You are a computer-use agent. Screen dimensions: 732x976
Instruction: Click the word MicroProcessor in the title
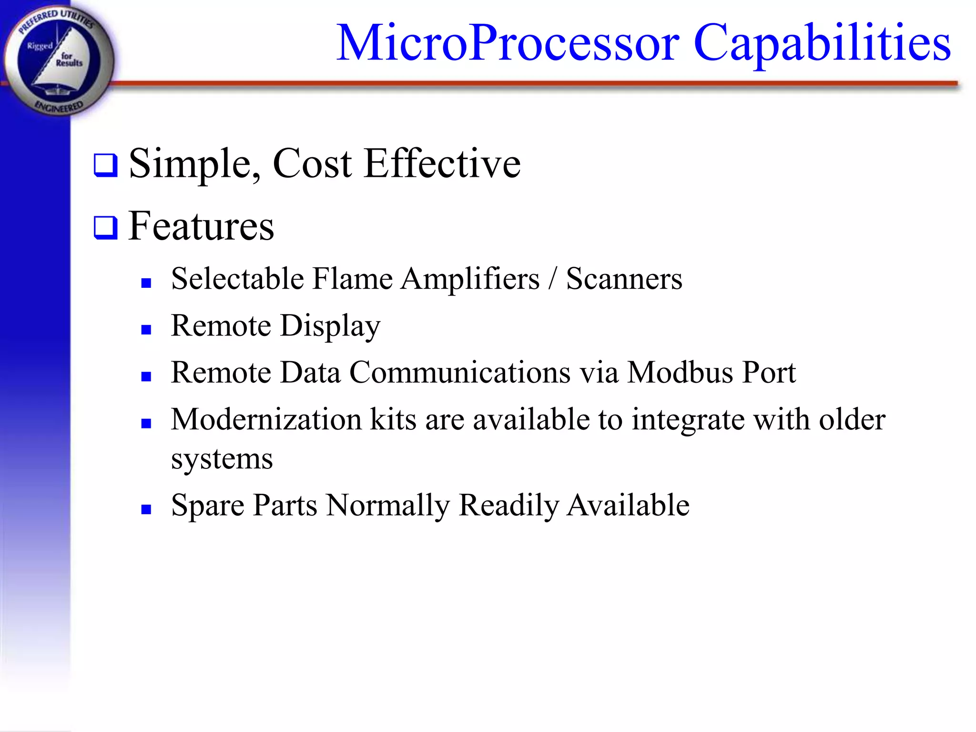[x=508, y=44]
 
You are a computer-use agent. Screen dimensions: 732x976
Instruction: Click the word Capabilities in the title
[x=822, y=44]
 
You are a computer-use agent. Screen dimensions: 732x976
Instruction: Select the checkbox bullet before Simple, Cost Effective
[x=105, y=165]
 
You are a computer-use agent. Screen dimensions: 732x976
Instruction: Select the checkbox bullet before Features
[x=105, y=228]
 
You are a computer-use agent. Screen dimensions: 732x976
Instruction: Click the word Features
[x=201, y=227]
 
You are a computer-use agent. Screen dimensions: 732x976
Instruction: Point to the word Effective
[x=442, y=163]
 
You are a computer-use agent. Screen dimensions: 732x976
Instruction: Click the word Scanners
[x=624, y=279]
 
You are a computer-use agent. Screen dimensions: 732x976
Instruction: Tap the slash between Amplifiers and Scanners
[x=552, y=279]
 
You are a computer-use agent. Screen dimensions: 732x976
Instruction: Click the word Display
[x=330, y=326]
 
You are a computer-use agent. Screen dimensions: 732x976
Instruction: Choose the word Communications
[x=460, y=372]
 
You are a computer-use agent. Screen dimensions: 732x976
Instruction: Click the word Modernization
[x=266, y=420]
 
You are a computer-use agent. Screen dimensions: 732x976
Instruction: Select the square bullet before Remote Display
[x=146, y=329]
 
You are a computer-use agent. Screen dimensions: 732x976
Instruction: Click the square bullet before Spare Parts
[x=146, y=509]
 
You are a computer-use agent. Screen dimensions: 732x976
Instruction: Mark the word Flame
[x=352, y=279]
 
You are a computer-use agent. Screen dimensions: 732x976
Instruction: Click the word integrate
[x=688, y=420]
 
